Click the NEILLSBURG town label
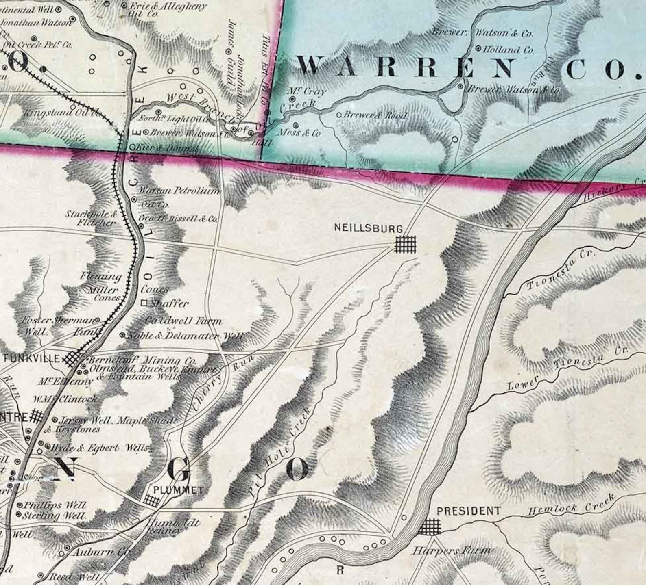point(368,228)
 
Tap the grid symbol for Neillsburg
point(406,244)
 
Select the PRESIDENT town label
point(468,511)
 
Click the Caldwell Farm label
point(183,321)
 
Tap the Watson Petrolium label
point(179,191)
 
